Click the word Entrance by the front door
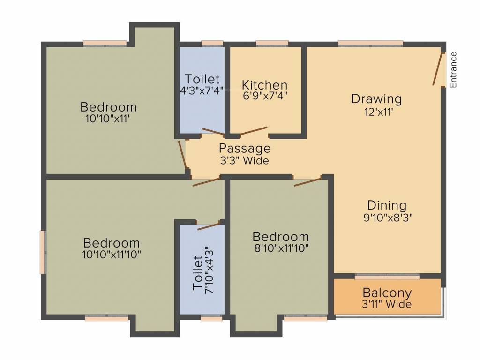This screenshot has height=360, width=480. coord(453,69)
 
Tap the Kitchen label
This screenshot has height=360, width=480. coord(264,85)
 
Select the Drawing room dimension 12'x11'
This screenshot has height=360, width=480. coord(376,112)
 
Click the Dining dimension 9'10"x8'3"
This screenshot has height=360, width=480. coord(386,217)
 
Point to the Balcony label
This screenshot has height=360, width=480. coord(387,293)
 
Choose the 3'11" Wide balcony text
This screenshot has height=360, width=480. coord(387,305)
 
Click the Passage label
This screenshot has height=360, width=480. coord(245,149)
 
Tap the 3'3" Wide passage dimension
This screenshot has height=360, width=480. coord(245,161)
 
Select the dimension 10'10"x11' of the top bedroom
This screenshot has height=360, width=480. coord(107,119)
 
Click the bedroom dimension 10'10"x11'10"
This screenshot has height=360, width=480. coord(111,255)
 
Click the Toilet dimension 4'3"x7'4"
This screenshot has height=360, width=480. coord(202,90)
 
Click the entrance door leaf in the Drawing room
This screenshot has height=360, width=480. coord(438,69)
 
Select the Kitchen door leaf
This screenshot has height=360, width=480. coord(254,131)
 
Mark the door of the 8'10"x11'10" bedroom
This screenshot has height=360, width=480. coord(307,181)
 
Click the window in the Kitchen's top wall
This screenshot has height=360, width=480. coord(272,44)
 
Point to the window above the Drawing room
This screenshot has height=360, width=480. coord(370,44)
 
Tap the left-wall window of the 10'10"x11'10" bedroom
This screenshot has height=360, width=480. coord(43,252)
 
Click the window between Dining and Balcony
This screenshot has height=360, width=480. coord(387,276)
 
